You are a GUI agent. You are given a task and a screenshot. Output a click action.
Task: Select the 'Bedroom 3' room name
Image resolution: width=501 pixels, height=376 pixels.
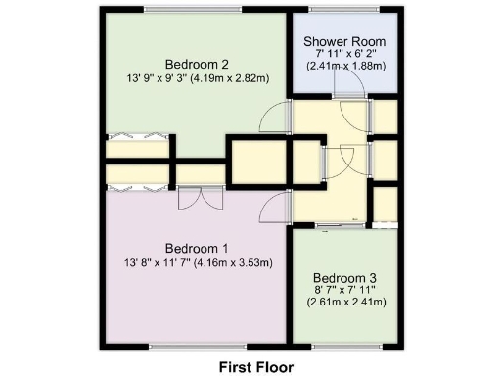point(344,276)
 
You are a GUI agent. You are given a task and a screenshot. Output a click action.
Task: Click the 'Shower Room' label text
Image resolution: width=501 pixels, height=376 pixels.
point(344,40)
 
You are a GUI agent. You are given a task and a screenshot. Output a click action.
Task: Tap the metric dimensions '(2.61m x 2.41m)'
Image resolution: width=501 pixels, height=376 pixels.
point(344,302)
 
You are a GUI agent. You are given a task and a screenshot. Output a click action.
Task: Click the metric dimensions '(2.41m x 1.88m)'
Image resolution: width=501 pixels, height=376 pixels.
point(344,66)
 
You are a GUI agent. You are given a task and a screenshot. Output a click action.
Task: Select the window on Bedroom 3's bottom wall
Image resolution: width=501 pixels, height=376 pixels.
point(344,346)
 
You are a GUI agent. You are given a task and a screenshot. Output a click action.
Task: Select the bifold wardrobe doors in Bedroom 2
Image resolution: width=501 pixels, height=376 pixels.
point(138,136)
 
